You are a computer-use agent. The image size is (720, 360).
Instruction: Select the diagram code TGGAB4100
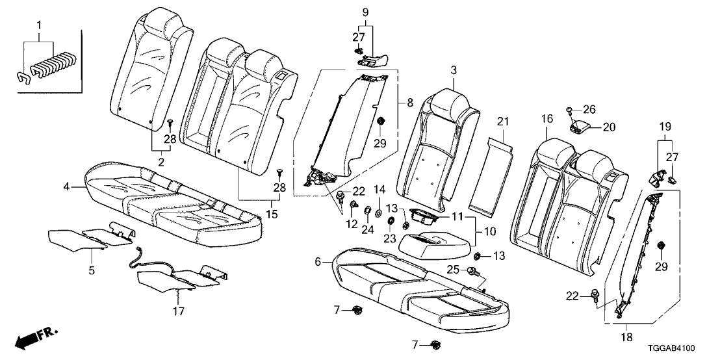tap(682, 348)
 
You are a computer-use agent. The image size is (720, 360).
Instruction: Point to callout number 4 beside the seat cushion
tap(66, 187)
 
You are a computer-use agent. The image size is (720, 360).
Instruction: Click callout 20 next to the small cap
tap(608, 127)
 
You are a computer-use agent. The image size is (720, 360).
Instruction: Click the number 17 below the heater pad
tap(177, 311)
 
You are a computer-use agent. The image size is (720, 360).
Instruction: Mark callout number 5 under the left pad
tap(92, 270)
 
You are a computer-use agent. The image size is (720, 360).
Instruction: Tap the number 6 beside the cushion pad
tap(318, 262)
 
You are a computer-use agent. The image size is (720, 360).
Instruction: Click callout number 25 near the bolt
tap(453, 269)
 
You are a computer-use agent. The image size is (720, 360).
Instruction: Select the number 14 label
tap(381, 189)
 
